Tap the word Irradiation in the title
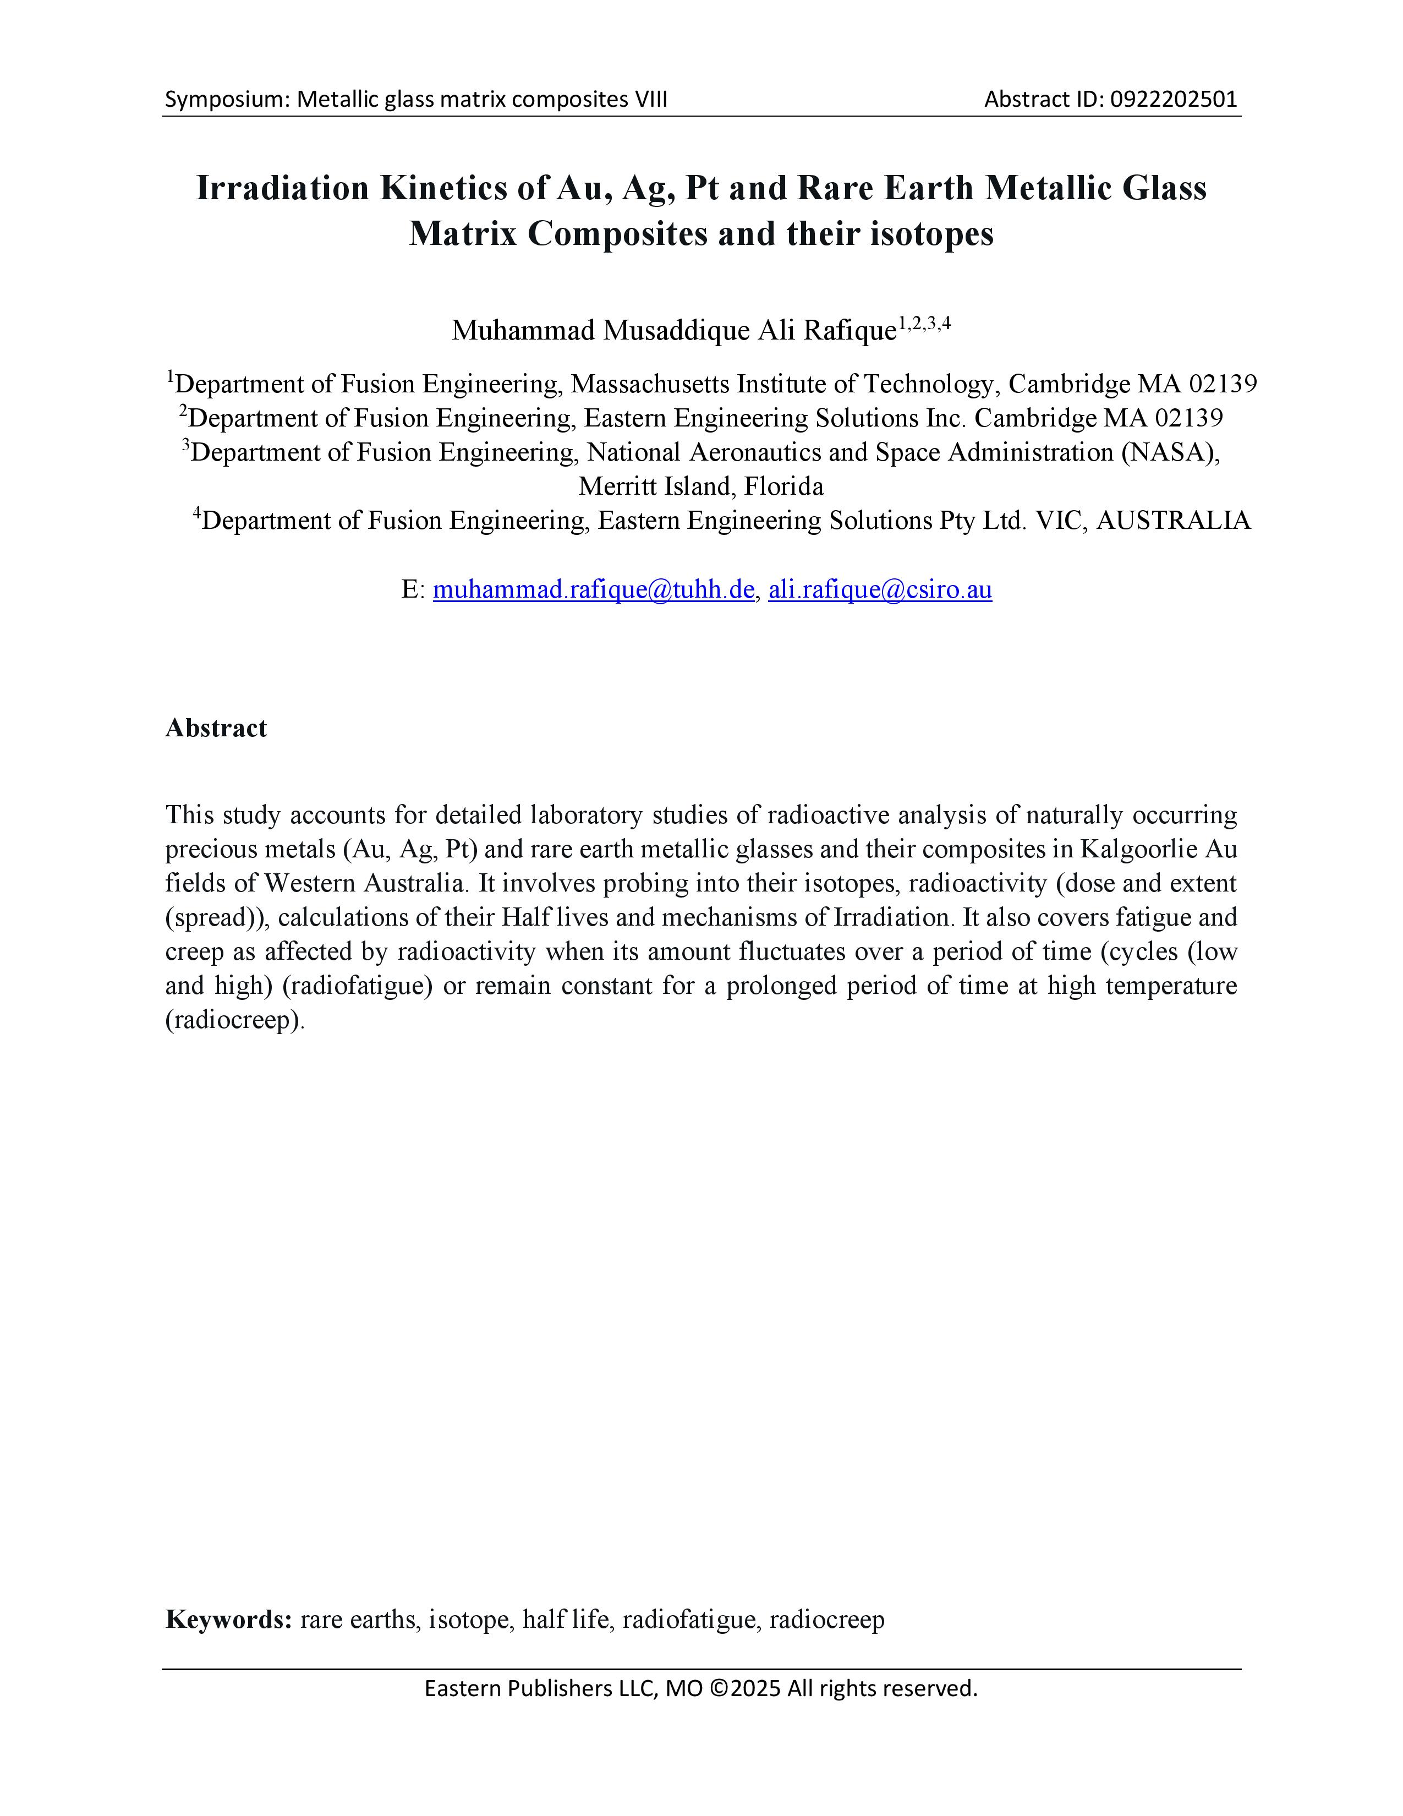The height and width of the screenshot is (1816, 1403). coord(281,189)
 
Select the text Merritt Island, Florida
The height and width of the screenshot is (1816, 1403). coord(700,486)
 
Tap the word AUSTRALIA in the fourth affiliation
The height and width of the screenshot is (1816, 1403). coord(1174,521)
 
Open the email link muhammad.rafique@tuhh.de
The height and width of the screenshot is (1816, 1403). coord(594,589)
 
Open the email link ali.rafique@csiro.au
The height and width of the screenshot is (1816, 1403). coord(880,589)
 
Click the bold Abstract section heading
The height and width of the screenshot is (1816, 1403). coord(216,729)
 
